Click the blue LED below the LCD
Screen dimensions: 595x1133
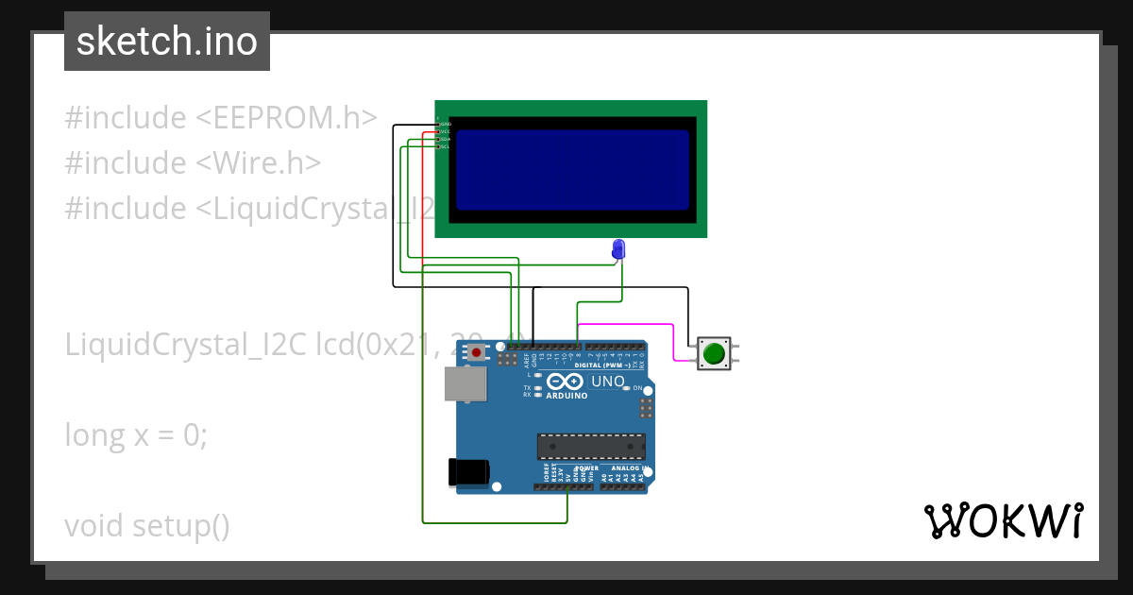point(618,248)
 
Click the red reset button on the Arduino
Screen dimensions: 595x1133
point(477,353)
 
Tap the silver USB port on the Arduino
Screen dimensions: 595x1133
point(465,384)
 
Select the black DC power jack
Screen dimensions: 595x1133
point(469,471)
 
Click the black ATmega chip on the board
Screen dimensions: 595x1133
point(591,447)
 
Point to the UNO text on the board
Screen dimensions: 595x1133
point(607,382)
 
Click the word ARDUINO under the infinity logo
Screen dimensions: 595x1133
point(566,396)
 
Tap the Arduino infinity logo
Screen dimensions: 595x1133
point(566,382)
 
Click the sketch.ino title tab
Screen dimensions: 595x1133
point(167,42)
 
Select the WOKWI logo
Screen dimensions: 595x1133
point(1003,520)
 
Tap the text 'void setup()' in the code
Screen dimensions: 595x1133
point(147,526)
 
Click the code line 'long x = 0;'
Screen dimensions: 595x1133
point(136,435)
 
